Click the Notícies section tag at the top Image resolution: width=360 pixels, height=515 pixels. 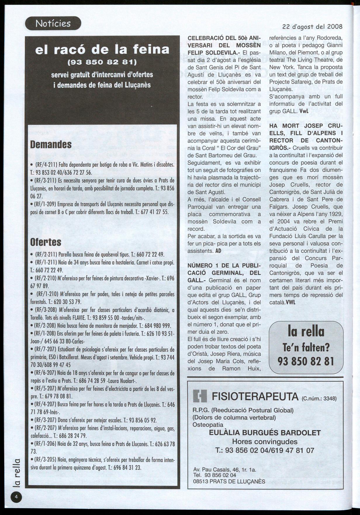(x=53, y=23)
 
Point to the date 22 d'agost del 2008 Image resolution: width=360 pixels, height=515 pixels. (x=312, y=27)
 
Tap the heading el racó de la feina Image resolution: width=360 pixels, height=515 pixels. (x=102, y=49)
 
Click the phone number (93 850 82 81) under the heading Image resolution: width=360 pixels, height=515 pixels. (x=102, y=62)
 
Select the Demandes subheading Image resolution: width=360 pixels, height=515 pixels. (x=51, y=144)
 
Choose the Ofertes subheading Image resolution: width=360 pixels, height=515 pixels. (x=46, y=242)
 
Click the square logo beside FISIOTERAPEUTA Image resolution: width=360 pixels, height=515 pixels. (x=200, y=397)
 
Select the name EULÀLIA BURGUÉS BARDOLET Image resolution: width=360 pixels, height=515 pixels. (x=265, y=433)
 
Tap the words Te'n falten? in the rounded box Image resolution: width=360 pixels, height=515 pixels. (x=306, y=347)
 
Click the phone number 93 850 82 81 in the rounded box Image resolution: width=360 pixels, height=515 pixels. (x=306, y=361)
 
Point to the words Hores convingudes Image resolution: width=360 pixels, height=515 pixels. (x=265, y=442)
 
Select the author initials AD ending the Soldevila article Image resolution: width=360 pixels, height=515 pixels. (x=218, y=251)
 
